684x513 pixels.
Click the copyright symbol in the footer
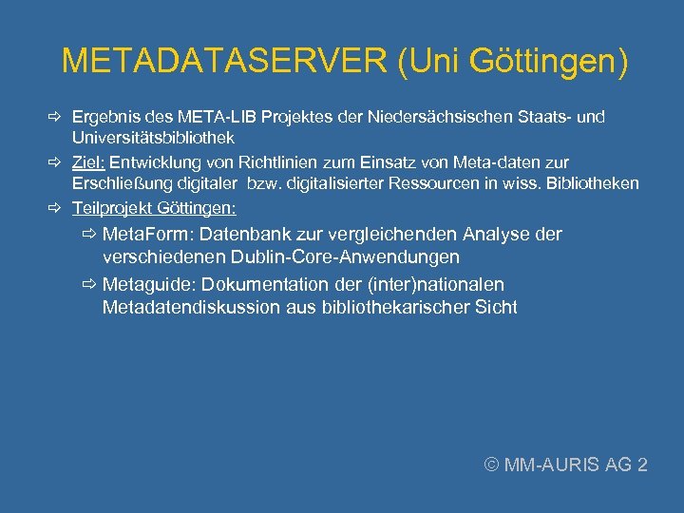[491, 465]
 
